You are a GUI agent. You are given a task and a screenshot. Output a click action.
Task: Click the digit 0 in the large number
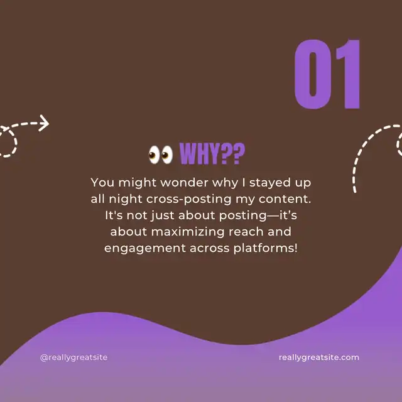click(x=313, y=74)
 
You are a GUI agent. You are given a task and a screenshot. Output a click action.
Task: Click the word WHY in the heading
click(x=199, y=153)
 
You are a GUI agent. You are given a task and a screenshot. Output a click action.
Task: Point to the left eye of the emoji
click(x=155, y=155)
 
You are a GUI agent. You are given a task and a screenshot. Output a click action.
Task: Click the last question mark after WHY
click(x=239, y=153)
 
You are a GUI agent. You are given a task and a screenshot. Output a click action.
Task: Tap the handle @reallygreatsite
click(x=74, y=357)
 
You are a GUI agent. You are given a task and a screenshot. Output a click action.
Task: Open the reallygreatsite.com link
click(x=319, y=357)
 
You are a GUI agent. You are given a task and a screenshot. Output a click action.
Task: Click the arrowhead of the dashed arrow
click(x=45, y=123)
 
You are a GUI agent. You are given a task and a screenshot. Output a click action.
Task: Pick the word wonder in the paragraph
click(x=184, y=183)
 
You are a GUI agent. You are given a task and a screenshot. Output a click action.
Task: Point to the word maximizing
click(x=188, y=232)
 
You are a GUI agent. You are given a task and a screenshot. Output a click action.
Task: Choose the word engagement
click(x=145, y=249)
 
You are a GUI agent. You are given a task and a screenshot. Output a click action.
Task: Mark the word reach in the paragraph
click(x=246, y=232)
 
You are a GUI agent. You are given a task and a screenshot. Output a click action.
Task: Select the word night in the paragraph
click(x=126, y=200)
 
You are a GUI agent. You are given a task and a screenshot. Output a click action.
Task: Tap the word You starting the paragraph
click(x=102, y=183)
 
